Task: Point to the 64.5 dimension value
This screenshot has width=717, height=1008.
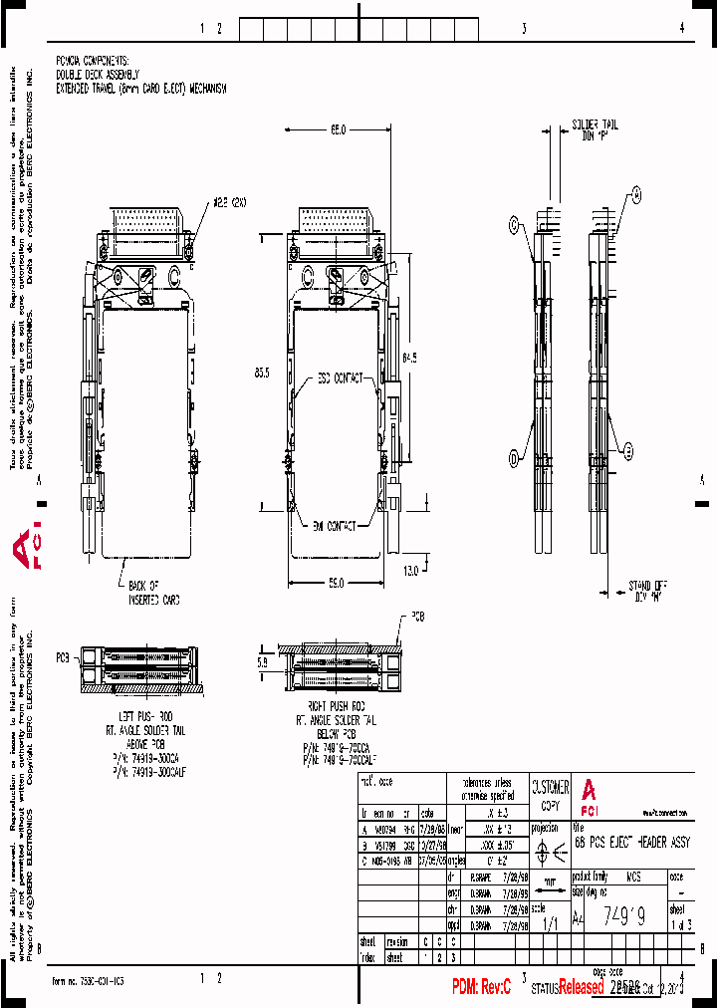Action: [x=411, y=357]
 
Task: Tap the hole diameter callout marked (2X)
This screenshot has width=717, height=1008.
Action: [x=228, y=204]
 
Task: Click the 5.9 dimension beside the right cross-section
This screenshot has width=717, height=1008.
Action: [x=263, y=660]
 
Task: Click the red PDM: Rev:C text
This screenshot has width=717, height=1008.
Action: [x=481, y=987]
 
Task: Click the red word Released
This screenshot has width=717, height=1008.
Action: [x=580, y=987]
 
